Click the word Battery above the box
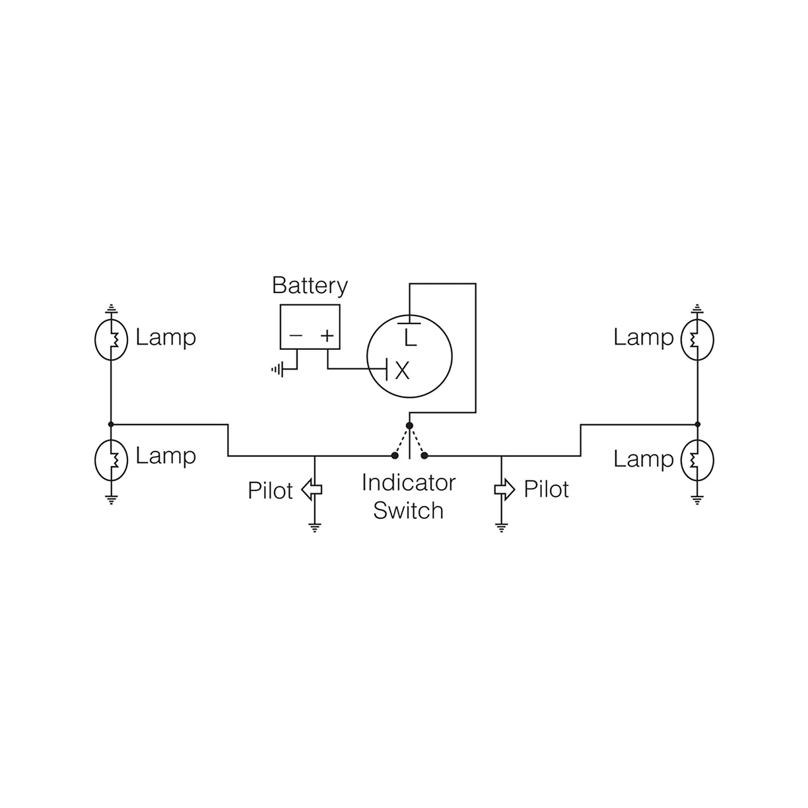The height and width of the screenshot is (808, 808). (310, 286)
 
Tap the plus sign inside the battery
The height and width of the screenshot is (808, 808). (327, 335)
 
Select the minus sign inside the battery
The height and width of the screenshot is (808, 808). (295, 335)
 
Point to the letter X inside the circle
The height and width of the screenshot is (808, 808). (402, 371)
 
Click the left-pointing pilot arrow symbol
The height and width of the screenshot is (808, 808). (311, 489)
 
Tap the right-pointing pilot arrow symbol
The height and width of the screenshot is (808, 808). (504, 489)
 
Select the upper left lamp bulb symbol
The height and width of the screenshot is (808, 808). (111, 339)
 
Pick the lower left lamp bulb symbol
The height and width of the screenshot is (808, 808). (111, 458)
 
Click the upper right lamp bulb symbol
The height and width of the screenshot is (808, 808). (697, 339)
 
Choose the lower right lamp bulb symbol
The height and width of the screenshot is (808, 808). (697, 459)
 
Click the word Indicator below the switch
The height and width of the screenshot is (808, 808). (409, 483)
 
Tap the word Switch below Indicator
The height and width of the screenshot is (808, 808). (408, 510)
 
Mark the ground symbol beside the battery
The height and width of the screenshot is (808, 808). (277, 370)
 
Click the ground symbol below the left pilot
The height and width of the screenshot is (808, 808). (314, 527)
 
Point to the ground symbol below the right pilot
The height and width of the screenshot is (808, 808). (502, 527)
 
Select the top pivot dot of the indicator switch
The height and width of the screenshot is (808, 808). (409, 426)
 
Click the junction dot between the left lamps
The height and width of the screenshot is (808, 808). (111, 424)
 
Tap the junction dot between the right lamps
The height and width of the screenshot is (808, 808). (697, 424)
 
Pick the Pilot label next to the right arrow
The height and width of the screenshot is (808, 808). (546, 489)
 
